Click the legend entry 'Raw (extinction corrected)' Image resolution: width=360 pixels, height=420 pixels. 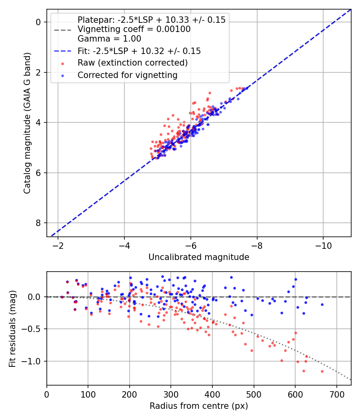[x=132, y=63]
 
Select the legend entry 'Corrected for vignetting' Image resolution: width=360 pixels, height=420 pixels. [x=128, y=75]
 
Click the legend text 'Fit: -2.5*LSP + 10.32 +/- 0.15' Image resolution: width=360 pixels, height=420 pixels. [x=139, y=51]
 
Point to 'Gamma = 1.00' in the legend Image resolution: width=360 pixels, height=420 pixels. [x=109, y=39]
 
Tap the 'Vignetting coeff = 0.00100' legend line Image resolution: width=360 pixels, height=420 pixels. [x=134, y=29]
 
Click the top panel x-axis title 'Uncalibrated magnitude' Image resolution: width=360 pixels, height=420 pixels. [x=199, y=257]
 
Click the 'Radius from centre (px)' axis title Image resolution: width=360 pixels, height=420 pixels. [x=199, y=406]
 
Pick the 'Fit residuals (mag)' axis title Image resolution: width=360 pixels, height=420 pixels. [x=12, y=328]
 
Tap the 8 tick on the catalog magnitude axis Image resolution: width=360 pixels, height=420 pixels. [x=38, y=223]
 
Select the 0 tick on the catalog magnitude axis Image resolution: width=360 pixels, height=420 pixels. [x=38, y=22]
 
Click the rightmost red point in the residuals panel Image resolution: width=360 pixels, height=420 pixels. [x=322, y=371]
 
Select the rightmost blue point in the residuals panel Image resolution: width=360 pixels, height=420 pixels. [x=322, y=304]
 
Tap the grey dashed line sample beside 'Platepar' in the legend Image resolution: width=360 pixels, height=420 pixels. [x=63, y=30]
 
